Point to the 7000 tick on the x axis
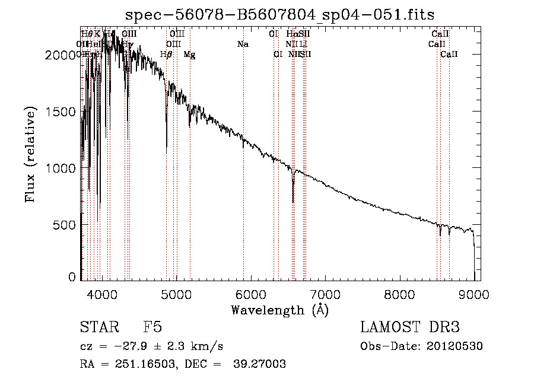(x=325, y=293)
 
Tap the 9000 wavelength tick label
(x=474, y=293)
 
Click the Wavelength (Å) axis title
(x=279, y=310)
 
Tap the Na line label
(x=242, y=44)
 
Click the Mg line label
(x=189, y=55)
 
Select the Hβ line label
(x=166, y=55)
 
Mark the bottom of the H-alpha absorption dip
(x=293, y=202)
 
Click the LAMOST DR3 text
(x=410, y=327)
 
